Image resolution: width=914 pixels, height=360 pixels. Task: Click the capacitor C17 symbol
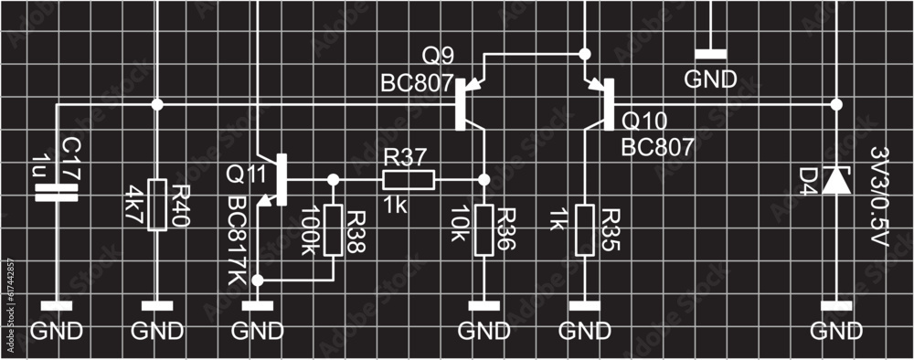(x=57, y=191)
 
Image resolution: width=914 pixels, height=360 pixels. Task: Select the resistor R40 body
(x=157, y=205)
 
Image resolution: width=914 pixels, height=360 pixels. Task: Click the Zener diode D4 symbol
(x=834, y=181)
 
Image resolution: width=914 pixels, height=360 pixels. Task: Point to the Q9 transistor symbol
(x=467, y=101)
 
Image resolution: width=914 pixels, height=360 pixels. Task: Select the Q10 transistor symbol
(x=599, y=102)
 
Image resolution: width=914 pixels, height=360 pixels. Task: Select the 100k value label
(x=308, y=229)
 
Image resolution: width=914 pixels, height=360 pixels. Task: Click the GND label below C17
(x=57, y=331)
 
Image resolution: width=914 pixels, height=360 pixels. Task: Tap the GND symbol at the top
(x=710, y=79)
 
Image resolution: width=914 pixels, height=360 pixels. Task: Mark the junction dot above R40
(x=157, y=105)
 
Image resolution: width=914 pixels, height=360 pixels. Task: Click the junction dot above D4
(x=834, y=105)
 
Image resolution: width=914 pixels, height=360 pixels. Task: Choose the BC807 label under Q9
(x=417, y=85)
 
